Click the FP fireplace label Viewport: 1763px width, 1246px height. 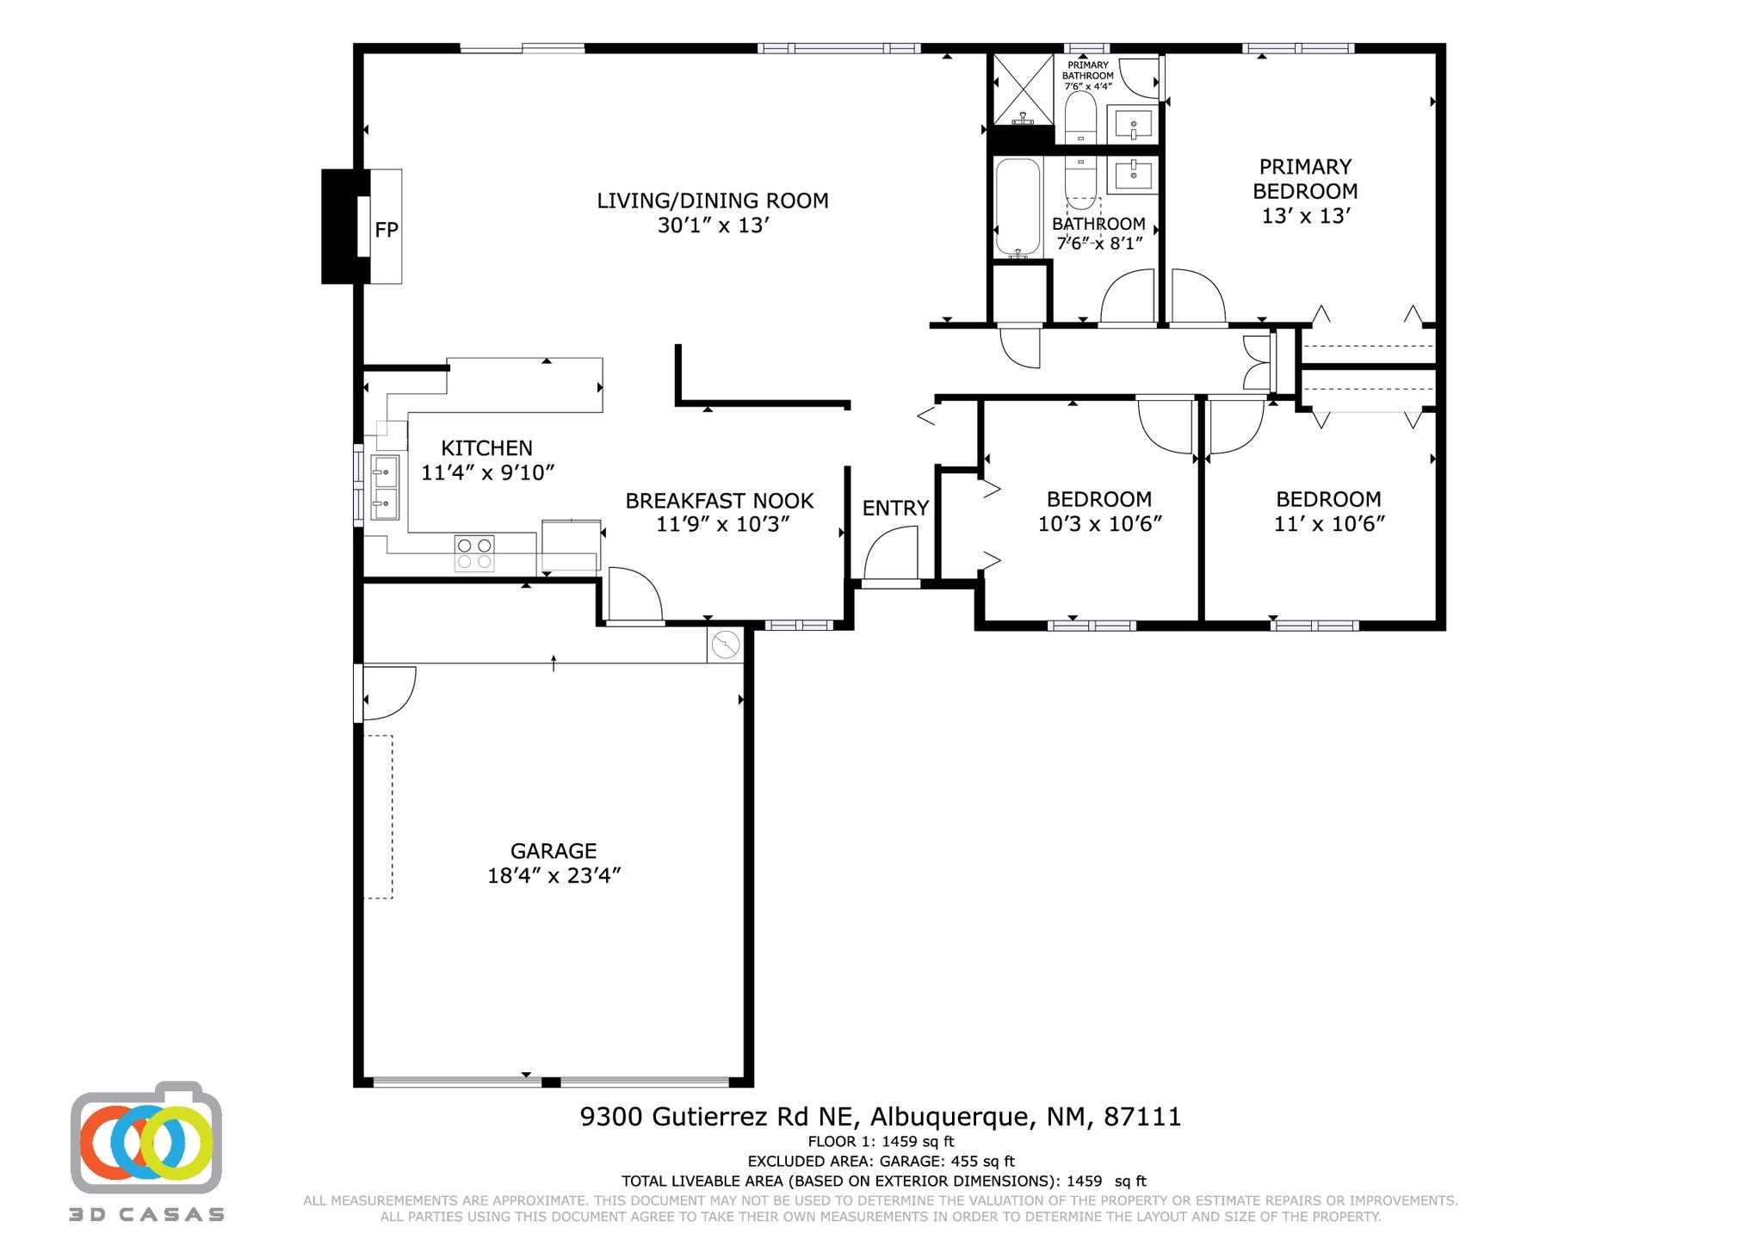tap(387, 230)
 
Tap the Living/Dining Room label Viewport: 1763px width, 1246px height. tap(713, 200)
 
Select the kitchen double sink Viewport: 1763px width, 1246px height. tap(385, 488)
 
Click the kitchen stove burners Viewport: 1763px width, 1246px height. tap(474, 553)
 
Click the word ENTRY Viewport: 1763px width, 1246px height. tap(895, 509)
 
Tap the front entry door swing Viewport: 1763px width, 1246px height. tap(891, 556)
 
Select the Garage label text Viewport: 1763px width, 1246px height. tap(554, 851)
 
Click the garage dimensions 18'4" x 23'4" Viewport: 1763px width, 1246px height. tap(554, 876)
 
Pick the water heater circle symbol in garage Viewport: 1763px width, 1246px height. tap(726, 645)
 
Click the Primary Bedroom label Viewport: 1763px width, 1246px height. tap(1305, 178)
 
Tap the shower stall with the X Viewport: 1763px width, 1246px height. tap(1024, 90)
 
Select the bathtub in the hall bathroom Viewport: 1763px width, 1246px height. tap(1018, 208)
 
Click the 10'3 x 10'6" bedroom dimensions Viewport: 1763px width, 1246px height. tap(1099, 524)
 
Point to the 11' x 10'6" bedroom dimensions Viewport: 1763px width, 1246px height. tap(1329, 524)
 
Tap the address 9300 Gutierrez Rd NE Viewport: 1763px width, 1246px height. tap(720, 1117)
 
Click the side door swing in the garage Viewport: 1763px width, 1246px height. tap(388, 693)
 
